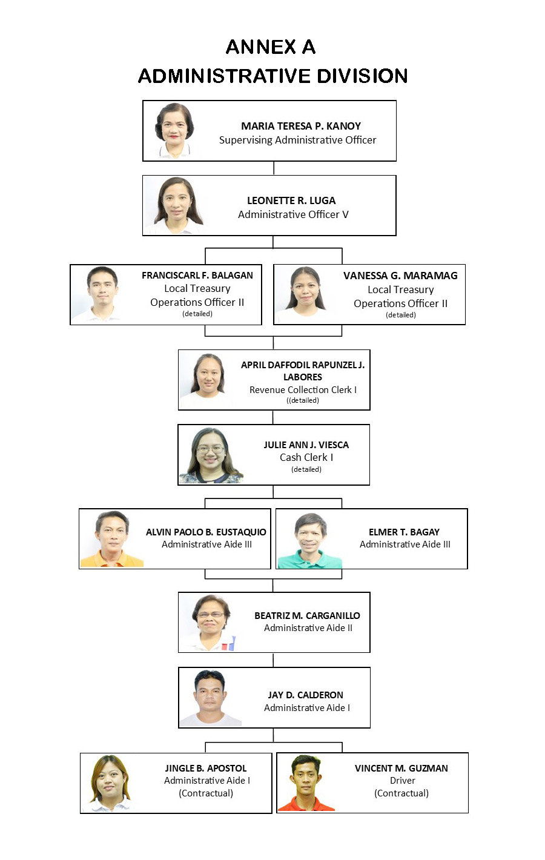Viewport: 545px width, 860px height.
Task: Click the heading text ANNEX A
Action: pos(271,47)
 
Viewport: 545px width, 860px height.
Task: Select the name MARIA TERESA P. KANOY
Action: pos(301,126)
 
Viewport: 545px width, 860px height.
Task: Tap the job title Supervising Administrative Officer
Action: pos(297,140)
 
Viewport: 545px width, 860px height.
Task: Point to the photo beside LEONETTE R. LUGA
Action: pos(177,205)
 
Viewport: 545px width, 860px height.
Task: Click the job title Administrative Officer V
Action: pos(293,214)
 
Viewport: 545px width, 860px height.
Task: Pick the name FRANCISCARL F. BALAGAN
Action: pos(197,276)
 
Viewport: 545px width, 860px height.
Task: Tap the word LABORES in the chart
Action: pos(303,377)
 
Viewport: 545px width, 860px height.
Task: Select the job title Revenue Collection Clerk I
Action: pos(303,389)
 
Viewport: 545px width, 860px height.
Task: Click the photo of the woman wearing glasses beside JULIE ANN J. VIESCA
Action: pos(211,455)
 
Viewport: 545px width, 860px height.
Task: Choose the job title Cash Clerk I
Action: pos(306,457)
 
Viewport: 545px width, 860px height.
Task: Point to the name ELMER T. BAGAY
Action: pos(404,532)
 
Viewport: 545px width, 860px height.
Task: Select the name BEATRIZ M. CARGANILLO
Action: pos(307,615)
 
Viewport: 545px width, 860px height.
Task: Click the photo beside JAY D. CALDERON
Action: pos(210,698)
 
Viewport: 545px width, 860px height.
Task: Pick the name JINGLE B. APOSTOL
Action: pos(206,768)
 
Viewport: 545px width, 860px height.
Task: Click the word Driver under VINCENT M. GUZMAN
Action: pos(402,780)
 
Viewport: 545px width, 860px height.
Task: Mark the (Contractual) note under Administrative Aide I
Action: pos(206,793)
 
